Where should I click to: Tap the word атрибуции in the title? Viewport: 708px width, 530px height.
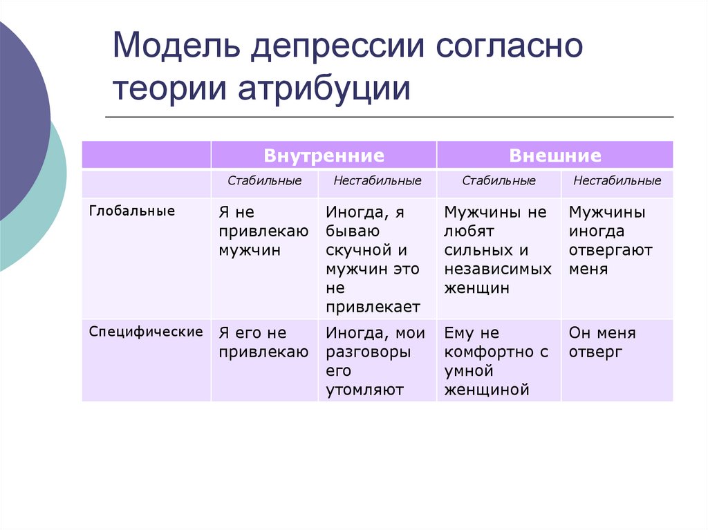[324, 91]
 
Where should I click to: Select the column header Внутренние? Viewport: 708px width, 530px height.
[324, 155]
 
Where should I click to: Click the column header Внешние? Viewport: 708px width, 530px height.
[555, 155]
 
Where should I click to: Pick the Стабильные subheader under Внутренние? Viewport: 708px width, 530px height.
[265, 181]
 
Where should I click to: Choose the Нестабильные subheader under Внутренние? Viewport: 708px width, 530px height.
[377, 181]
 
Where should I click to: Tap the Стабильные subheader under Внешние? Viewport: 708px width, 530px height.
[499, 181]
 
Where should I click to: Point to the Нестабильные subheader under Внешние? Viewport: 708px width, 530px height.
[617, 181]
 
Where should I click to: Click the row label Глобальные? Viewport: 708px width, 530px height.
[132, 211]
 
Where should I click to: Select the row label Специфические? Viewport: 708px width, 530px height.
[146, 332]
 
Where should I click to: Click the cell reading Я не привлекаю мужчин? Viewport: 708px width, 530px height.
[263, 231]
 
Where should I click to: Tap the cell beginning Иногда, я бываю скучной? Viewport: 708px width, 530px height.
[376, 259]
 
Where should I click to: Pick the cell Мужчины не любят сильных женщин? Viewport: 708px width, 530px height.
[498, 250]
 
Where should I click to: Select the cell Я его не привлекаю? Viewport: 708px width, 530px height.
[263, 343]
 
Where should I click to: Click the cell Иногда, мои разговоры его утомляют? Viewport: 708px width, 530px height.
[376, 361]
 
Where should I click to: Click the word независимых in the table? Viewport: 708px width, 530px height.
[498, 269]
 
